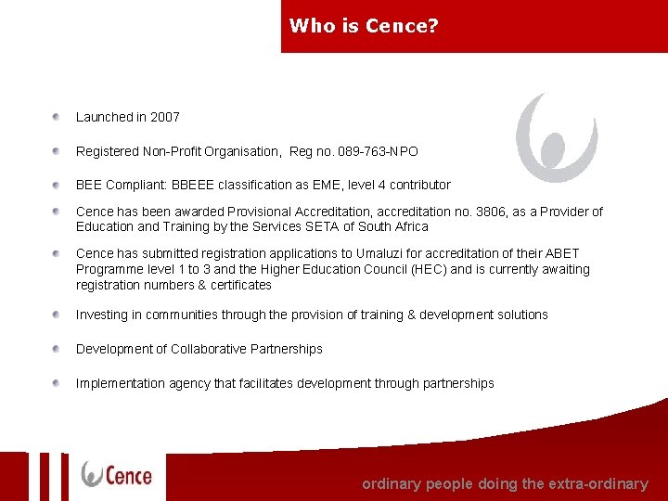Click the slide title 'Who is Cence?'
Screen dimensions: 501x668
tap(364, 26)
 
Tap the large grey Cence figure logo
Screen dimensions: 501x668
tap(557, 137)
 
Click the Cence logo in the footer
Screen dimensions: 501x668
tap(117, 475)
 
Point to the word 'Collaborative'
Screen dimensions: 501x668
tap(206, 349)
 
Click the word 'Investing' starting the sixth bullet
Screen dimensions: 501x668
tap(102, 315)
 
